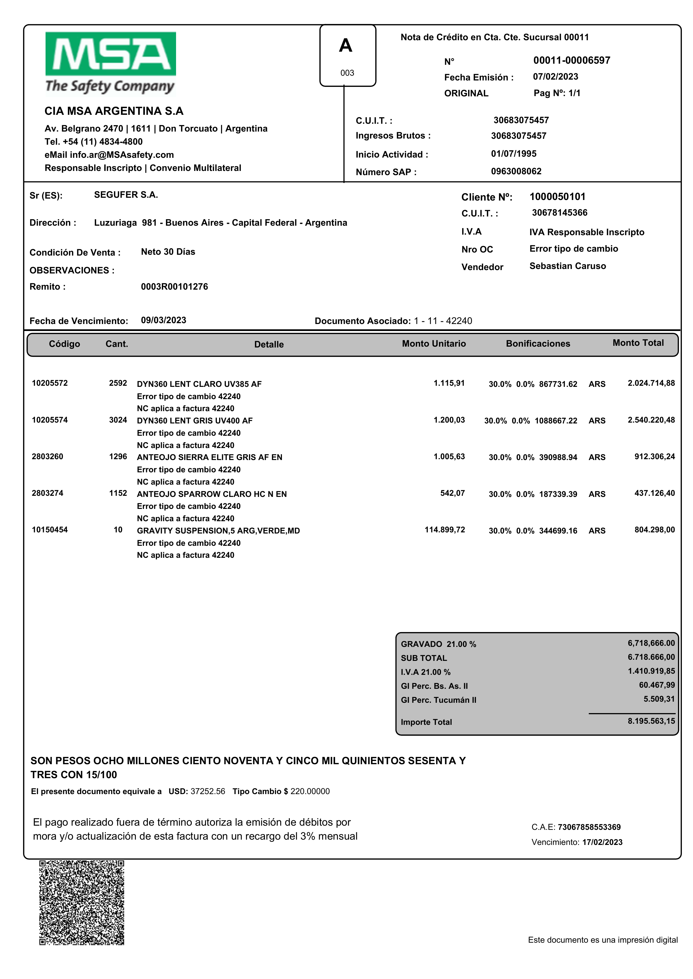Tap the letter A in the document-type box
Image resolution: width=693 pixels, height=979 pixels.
pyautogui.click(x=346, y=46)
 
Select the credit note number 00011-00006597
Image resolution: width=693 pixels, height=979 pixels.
pyautogui.click(x=571, y=60)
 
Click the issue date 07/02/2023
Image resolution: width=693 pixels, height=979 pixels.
pyautogui.click(x=555, y=77)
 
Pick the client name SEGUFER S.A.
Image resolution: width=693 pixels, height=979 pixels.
pyautogui.click(x=126, y=195)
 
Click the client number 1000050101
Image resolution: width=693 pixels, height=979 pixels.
pyautogui.click(x=557, y=197)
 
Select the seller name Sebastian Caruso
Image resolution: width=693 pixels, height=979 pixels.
pyautogui.click(x=568, y=266)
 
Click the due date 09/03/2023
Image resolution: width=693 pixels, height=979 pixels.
pyautogui.click(x=163, y=320)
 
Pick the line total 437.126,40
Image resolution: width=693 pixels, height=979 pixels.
pyautogui.click(x=655, y=493)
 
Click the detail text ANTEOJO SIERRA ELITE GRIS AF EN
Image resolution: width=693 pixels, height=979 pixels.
pyautogui.click(x=210, y=457)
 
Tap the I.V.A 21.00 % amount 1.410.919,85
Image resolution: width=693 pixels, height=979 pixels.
pyautogui.click(x=651, y=671)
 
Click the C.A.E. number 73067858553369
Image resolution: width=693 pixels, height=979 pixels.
pyautogui.click(x=589, y=827)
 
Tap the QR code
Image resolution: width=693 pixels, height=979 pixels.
pyautogui.click(x=82, y=902)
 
